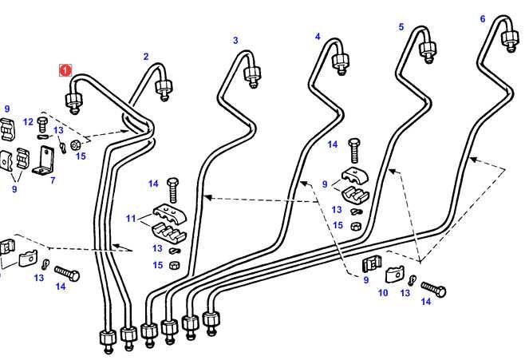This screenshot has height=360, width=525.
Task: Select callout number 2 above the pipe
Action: (146, 57)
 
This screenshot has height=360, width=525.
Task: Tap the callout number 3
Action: (235, 41)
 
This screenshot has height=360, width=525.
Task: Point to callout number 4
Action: (318, 37)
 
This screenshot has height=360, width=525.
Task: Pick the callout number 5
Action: (401, 27)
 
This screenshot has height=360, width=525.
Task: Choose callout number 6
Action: (482, 18)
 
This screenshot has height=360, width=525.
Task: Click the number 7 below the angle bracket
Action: (53, 181)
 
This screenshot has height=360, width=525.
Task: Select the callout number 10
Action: (383, 294)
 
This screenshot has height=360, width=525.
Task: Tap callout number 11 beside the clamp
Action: (132, 218)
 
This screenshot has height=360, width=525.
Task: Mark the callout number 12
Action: (28, 121)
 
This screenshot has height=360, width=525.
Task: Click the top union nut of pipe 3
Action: (251, 76)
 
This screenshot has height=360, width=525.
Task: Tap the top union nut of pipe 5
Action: (429, 51)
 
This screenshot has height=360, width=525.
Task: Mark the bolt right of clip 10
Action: (434, 286)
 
